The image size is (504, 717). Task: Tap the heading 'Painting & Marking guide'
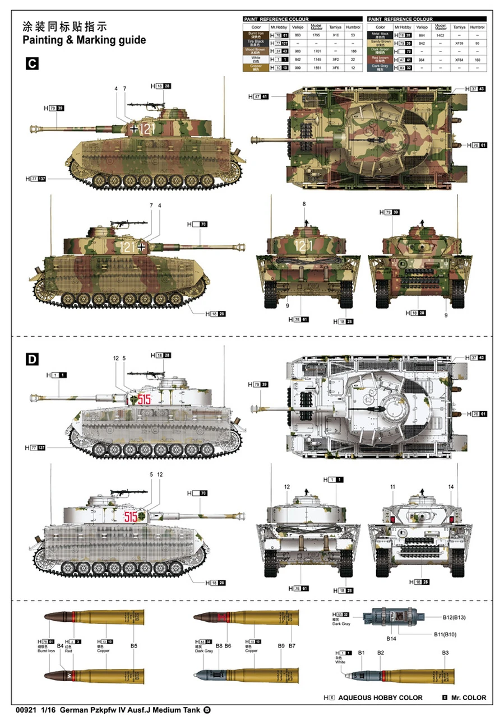pyautogui.click(x=84, y=40)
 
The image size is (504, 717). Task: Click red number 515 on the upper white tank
pyautogui.click(x=144, y=399)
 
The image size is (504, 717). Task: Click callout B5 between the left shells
pyautogui.click(x=133, y=646)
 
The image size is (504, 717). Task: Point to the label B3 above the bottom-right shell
pyautogui.click(x=445, y=653)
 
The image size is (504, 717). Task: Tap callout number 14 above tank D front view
pyautogui.click(x=451, y=487)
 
